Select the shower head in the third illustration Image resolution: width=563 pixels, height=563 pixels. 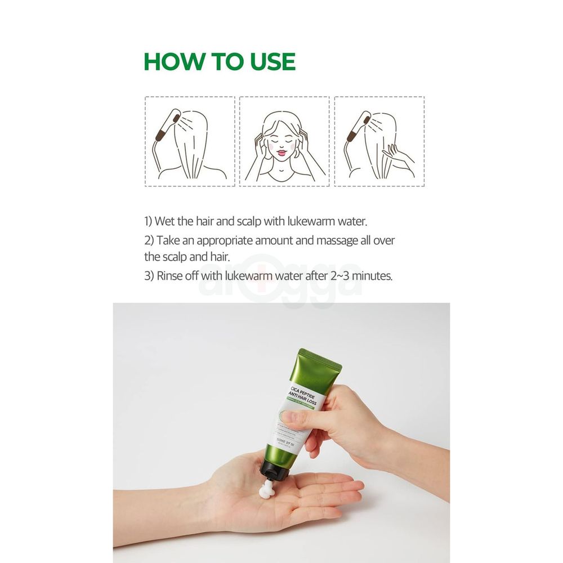(x=359, y=124)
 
